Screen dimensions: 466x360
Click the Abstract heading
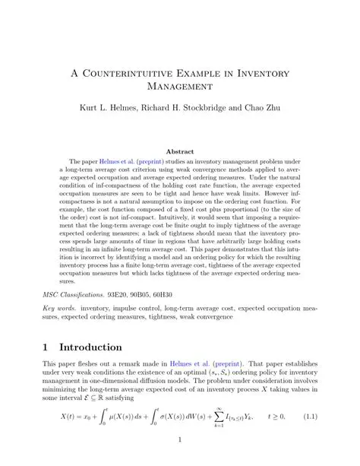180,152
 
